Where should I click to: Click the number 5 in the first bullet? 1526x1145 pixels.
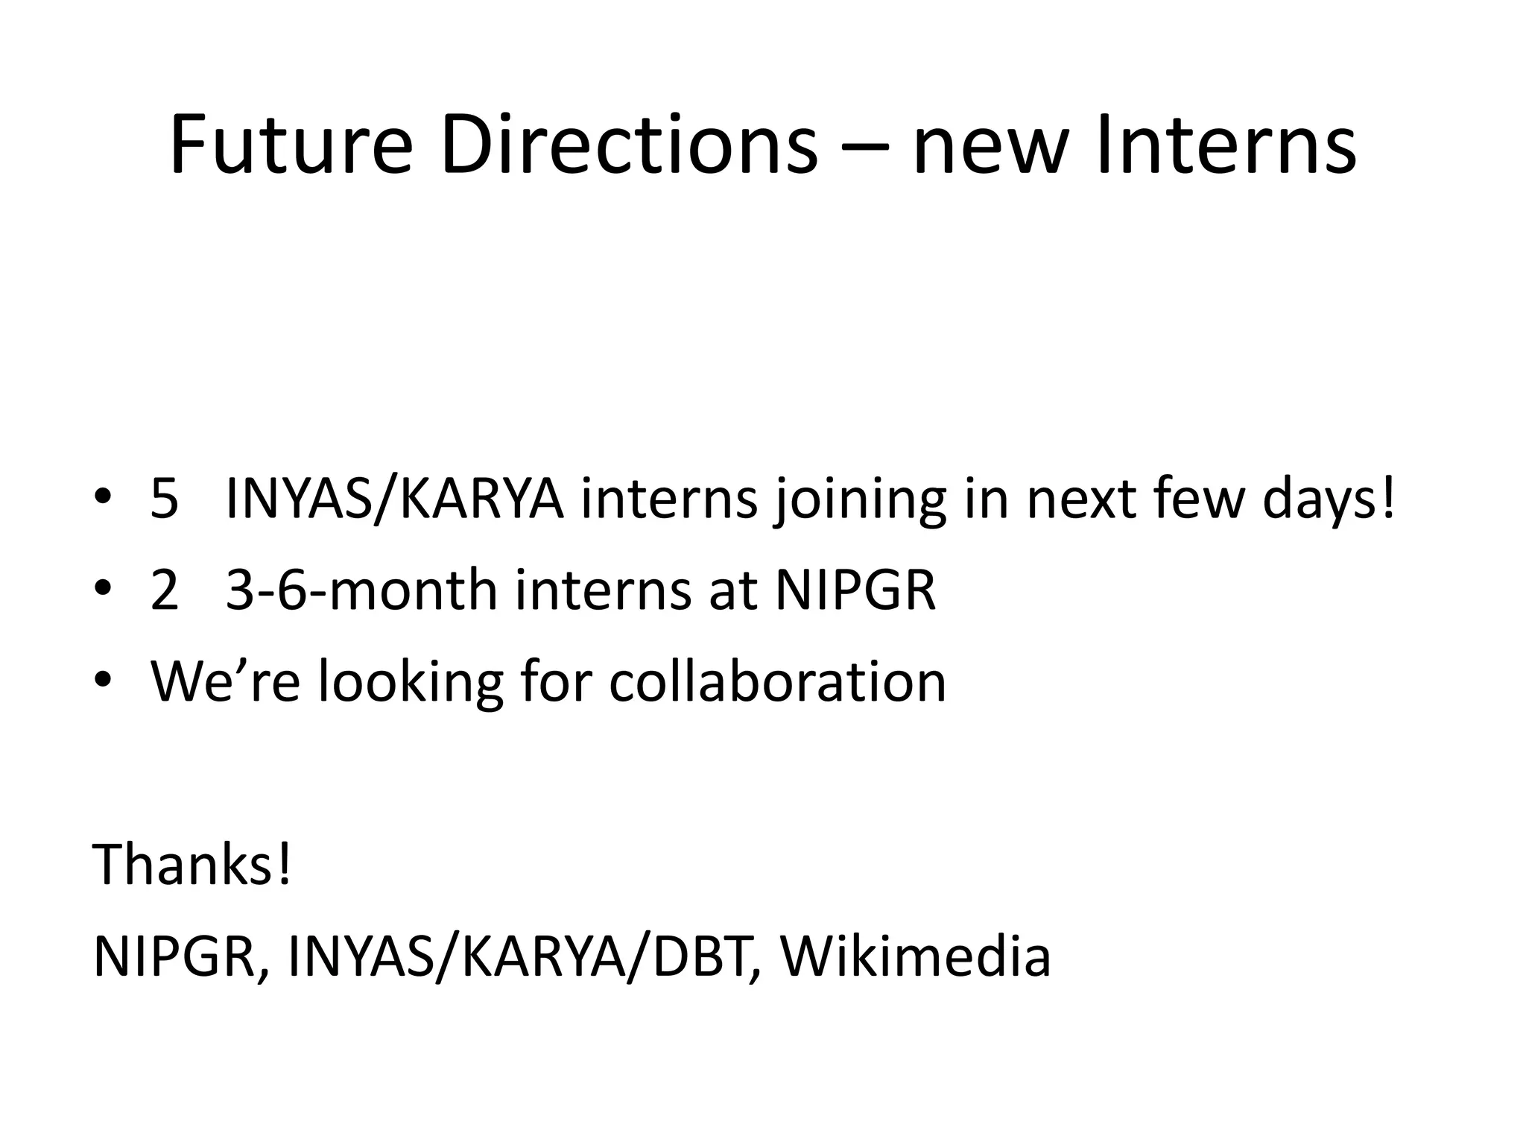click(165, 499)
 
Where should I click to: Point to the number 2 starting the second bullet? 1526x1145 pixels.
click(165, 590)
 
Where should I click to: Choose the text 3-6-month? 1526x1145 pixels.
click(361, 590)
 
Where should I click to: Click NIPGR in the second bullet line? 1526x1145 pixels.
click(855, 590)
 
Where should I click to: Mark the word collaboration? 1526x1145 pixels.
click(777, 681)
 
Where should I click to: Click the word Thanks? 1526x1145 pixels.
click(191, 865)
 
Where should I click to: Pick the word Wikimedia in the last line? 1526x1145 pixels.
click(915, 956)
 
